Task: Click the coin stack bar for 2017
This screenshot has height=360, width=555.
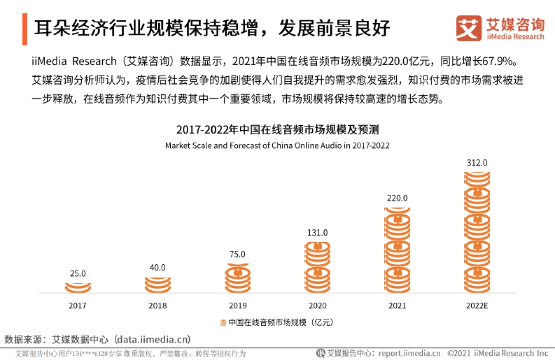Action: point(78,288)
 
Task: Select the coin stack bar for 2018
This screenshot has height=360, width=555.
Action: point(158,285)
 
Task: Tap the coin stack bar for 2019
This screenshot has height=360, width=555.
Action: point(238,278)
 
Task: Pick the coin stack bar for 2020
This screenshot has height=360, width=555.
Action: point(317,267)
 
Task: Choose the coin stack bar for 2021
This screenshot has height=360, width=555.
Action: point(397,250)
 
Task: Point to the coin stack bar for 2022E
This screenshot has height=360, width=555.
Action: point(477,232)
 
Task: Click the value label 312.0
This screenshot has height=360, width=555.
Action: point(477,163)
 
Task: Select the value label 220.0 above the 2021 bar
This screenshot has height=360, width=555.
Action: point(397,198)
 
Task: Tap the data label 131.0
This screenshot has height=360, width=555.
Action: point(317,232)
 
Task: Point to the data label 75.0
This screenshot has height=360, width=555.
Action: point(238,254)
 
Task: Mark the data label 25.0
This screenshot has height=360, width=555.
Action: point(78,274)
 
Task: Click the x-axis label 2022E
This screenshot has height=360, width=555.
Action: point(477,306)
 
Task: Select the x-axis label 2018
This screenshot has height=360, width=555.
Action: point(158,306)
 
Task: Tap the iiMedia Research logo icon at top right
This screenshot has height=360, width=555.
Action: point(469,28)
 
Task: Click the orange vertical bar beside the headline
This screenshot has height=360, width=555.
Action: point(25,29)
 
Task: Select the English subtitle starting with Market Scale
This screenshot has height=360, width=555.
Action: point(277,146)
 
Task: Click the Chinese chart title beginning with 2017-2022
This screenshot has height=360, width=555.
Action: point(277,129)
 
